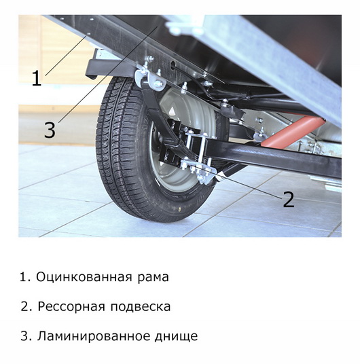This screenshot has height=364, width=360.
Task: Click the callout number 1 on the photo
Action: pos(37,78)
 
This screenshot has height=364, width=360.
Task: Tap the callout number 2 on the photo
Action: pos(289,200)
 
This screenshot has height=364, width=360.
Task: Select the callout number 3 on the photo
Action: pos(50,130)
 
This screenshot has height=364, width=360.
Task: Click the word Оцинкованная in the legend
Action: pos(84,277)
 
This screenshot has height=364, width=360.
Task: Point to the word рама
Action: pos(153,278)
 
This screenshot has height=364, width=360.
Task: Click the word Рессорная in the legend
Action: pos(71,307)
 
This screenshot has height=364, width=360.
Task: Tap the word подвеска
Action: pos(141,307)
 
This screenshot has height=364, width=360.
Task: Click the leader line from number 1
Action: pos(67,54)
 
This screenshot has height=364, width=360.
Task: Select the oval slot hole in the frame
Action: pos(173,65)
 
